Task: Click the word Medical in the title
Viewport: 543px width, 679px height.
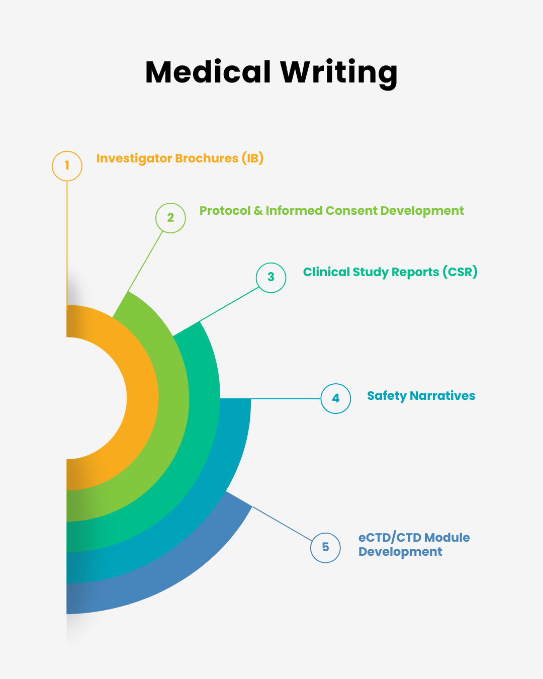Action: (x=208, y=72)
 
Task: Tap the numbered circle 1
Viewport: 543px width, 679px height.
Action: (x=67, y=165)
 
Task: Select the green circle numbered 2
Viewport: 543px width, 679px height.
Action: (x=170, y=218)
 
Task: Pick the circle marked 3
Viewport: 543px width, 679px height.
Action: (x=271, y=277)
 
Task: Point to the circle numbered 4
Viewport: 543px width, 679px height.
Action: (x=336, y=398)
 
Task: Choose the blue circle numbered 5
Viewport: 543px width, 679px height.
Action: (x=325, y=547)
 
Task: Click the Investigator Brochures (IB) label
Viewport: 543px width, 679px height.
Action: (x=180, y=158)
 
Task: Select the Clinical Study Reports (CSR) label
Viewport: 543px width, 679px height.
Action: (x=390, y=272)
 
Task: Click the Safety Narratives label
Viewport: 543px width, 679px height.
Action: (x=421, y=396)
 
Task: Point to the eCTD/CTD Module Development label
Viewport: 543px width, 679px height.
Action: (x=414, y=545)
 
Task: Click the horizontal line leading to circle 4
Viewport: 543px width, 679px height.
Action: (x=286, y=398)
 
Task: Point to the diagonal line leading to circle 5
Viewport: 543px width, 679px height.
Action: (x=282, y=524)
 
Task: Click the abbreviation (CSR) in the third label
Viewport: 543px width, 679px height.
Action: (x=460, y=272)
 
